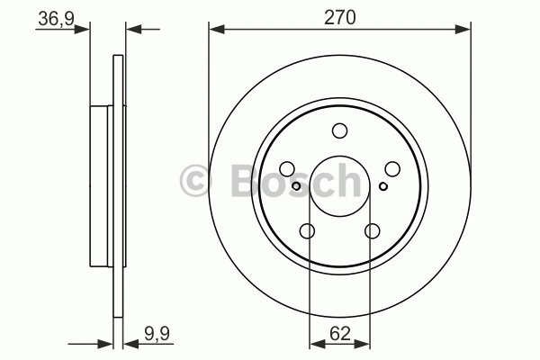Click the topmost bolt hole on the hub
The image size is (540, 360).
pyautogui.click(x=339, y=130)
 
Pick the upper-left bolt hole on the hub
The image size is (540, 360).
pyautogui.click(x=287, y=168)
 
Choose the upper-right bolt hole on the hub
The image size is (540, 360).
pyautogui.click(x=392, y=168)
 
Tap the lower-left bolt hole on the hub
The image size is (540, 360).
pyautogui.click(x=307, y=231)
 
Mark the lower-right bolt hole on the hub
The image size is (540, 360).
pyautogui.click(x=373, y=231)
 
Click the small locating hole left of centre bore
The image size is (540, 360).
pyautogui.click(x=297, y=186)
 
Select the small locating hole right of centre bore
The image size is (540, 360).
pyautogui.click(x=382, y=186)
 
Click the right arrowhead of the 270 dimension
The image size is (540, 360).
pyautogui.click(x=465, y=30)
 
